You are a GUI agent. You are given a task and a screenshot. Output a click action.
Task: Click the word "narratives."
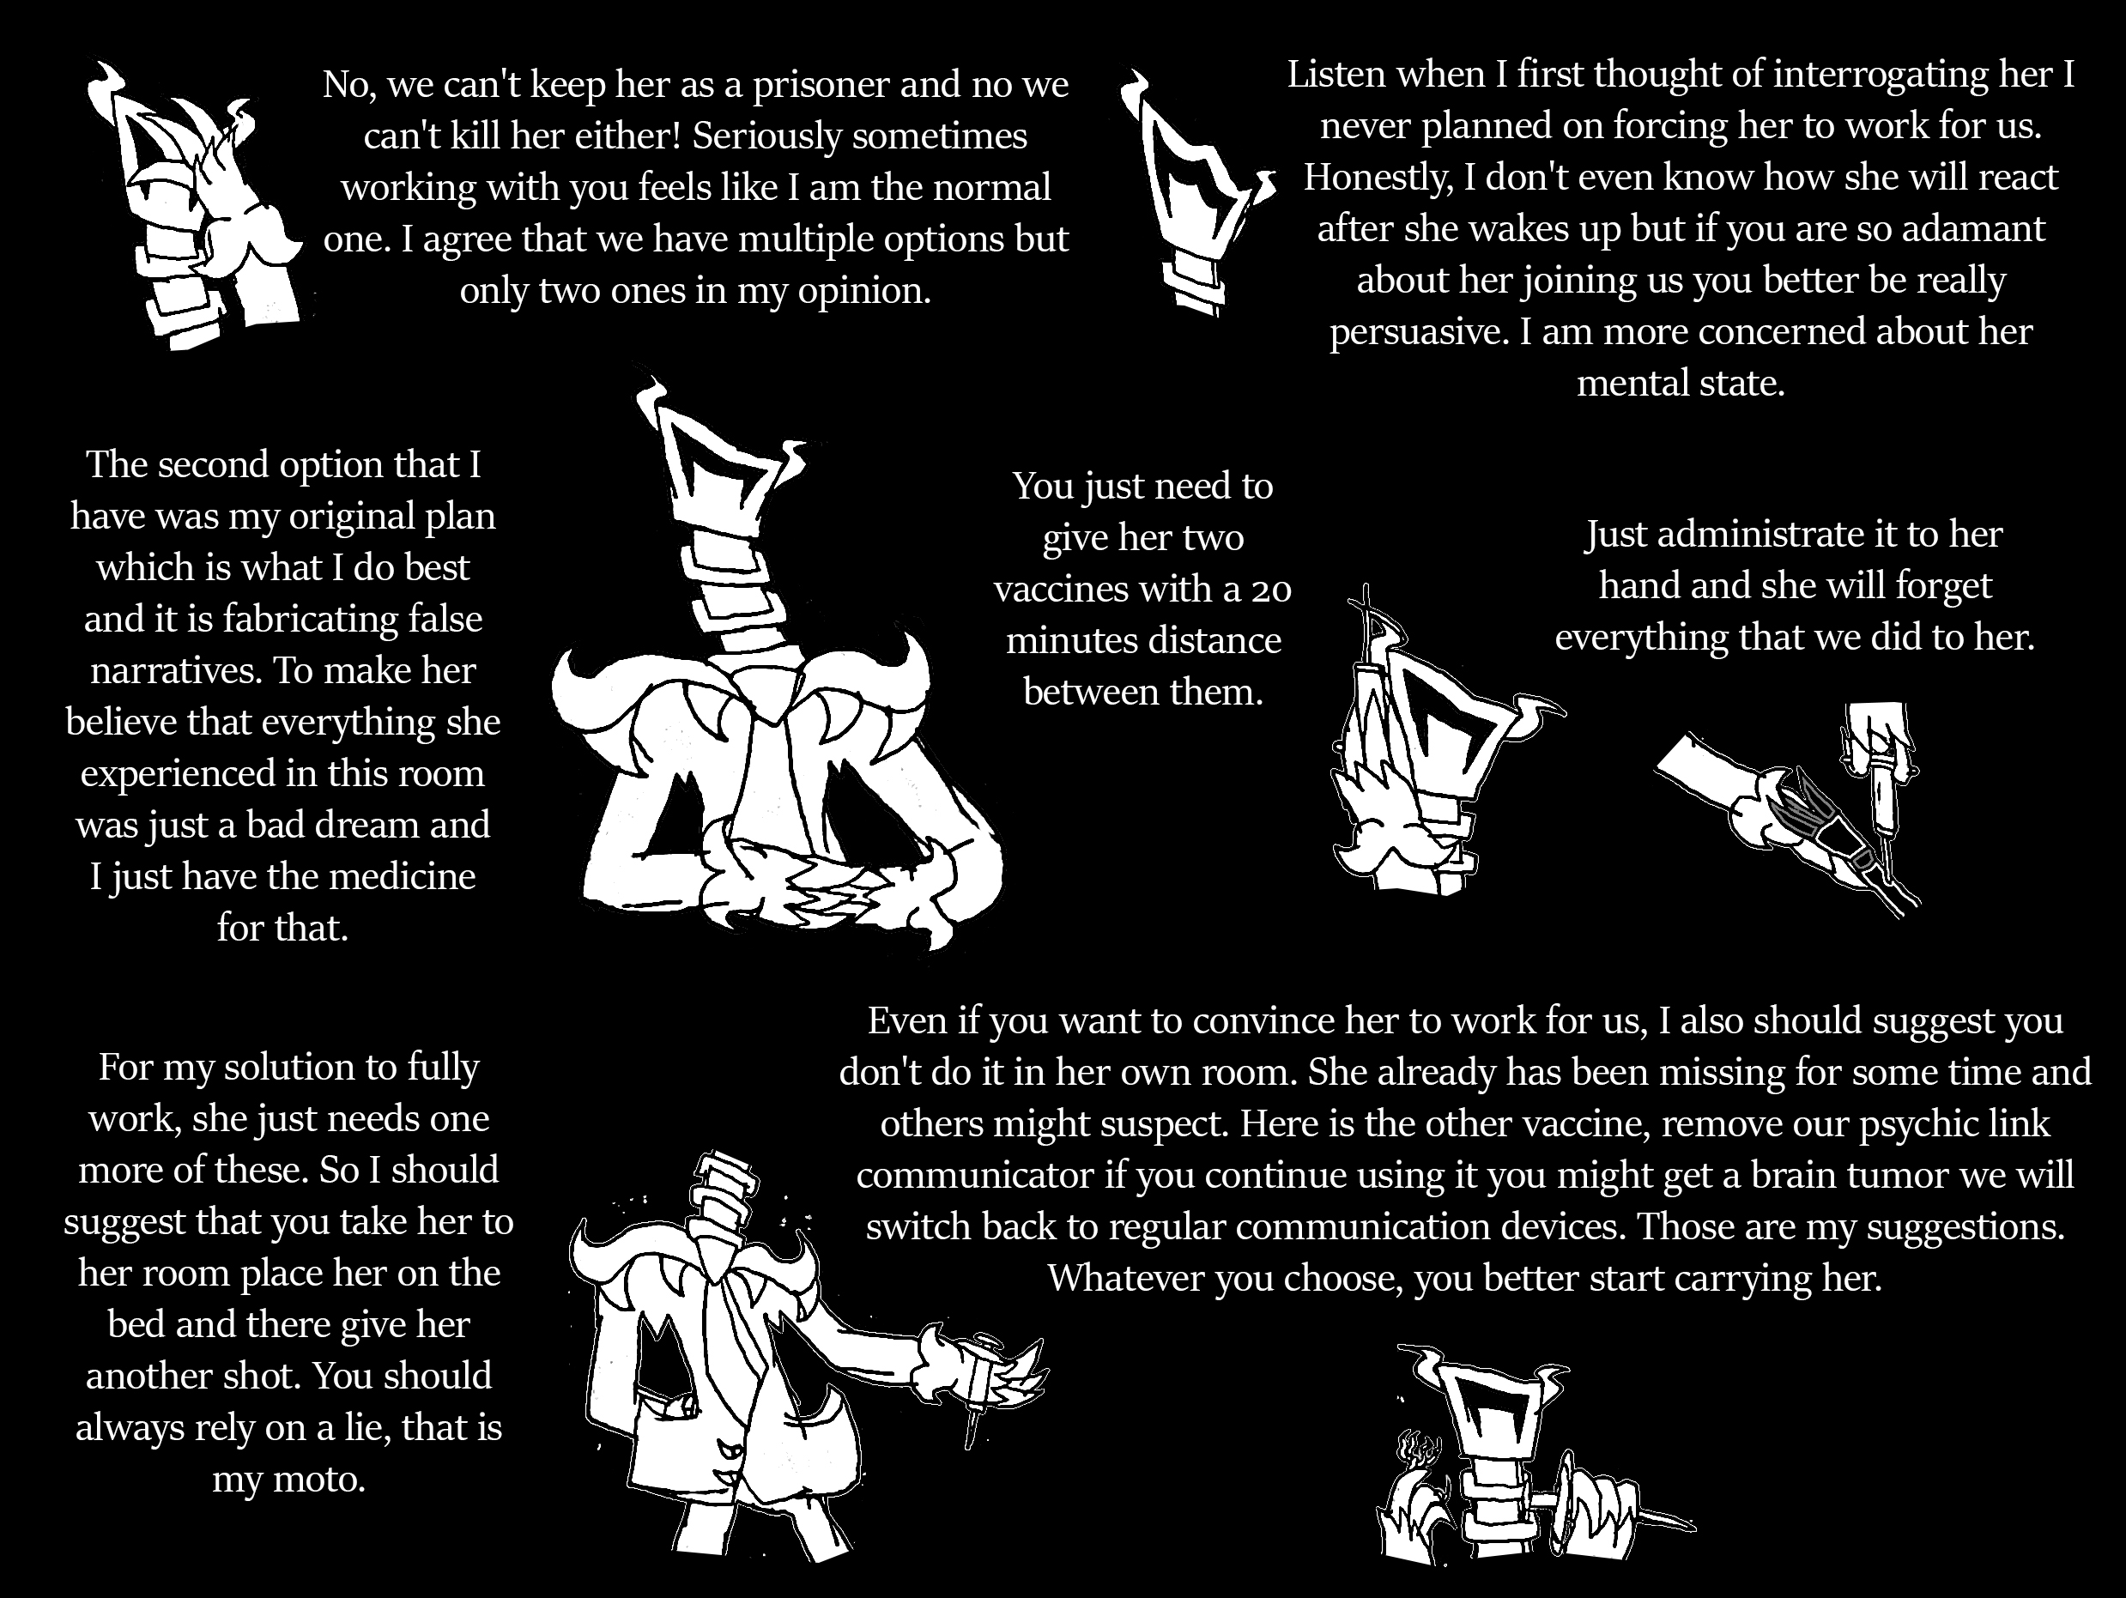[176, 671]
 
